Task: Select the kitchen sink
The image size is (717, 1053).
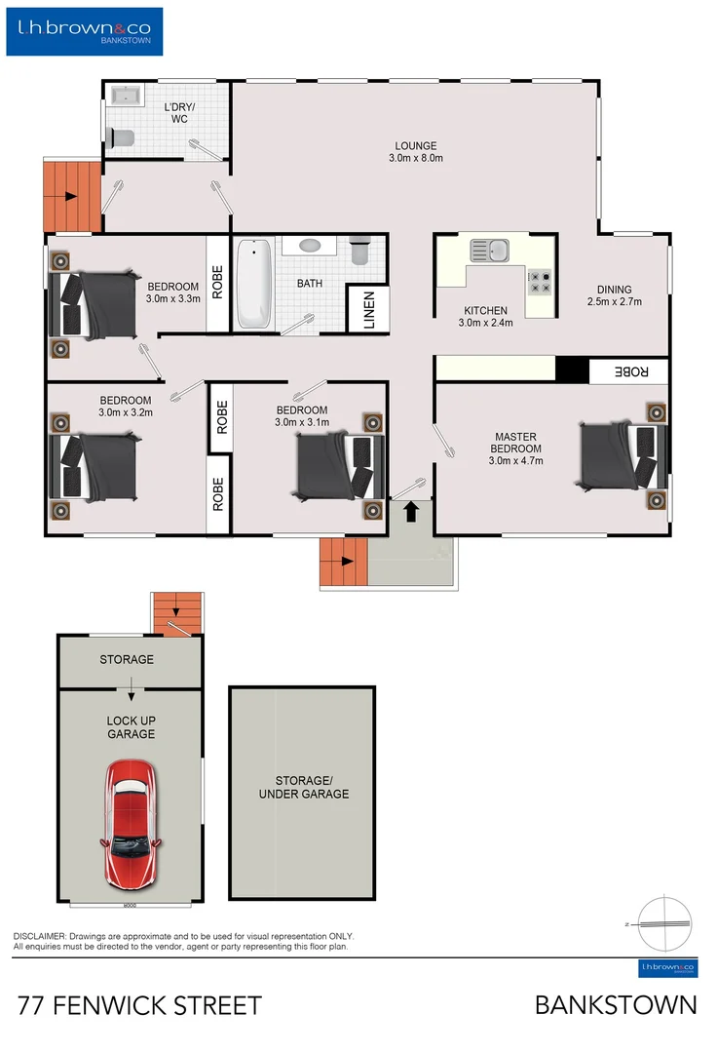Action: pos(489,251)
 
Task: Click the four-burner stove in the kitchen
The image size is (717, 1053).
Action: pos(539,283)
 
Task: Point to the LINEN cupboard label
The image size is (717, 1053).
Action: pos(369,311)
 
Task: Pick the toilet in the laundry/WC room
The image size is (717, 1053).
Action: pos(122,138)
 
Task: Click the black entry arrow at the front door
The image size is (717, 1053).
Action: pos(410,510)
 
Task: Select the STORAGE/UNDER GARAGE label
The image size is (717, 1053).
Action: pos(303,787)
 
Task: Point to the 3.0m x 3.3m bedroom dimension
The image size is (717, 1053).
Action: pos(173,299)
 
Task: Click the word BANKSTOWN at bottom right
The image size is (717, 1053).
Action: pos(616,1005)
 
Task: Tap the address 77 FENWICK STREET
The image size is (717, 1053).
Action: pos(139,1005)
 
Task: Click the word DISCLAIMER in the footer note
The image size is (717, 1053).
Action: pos(39,935)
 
